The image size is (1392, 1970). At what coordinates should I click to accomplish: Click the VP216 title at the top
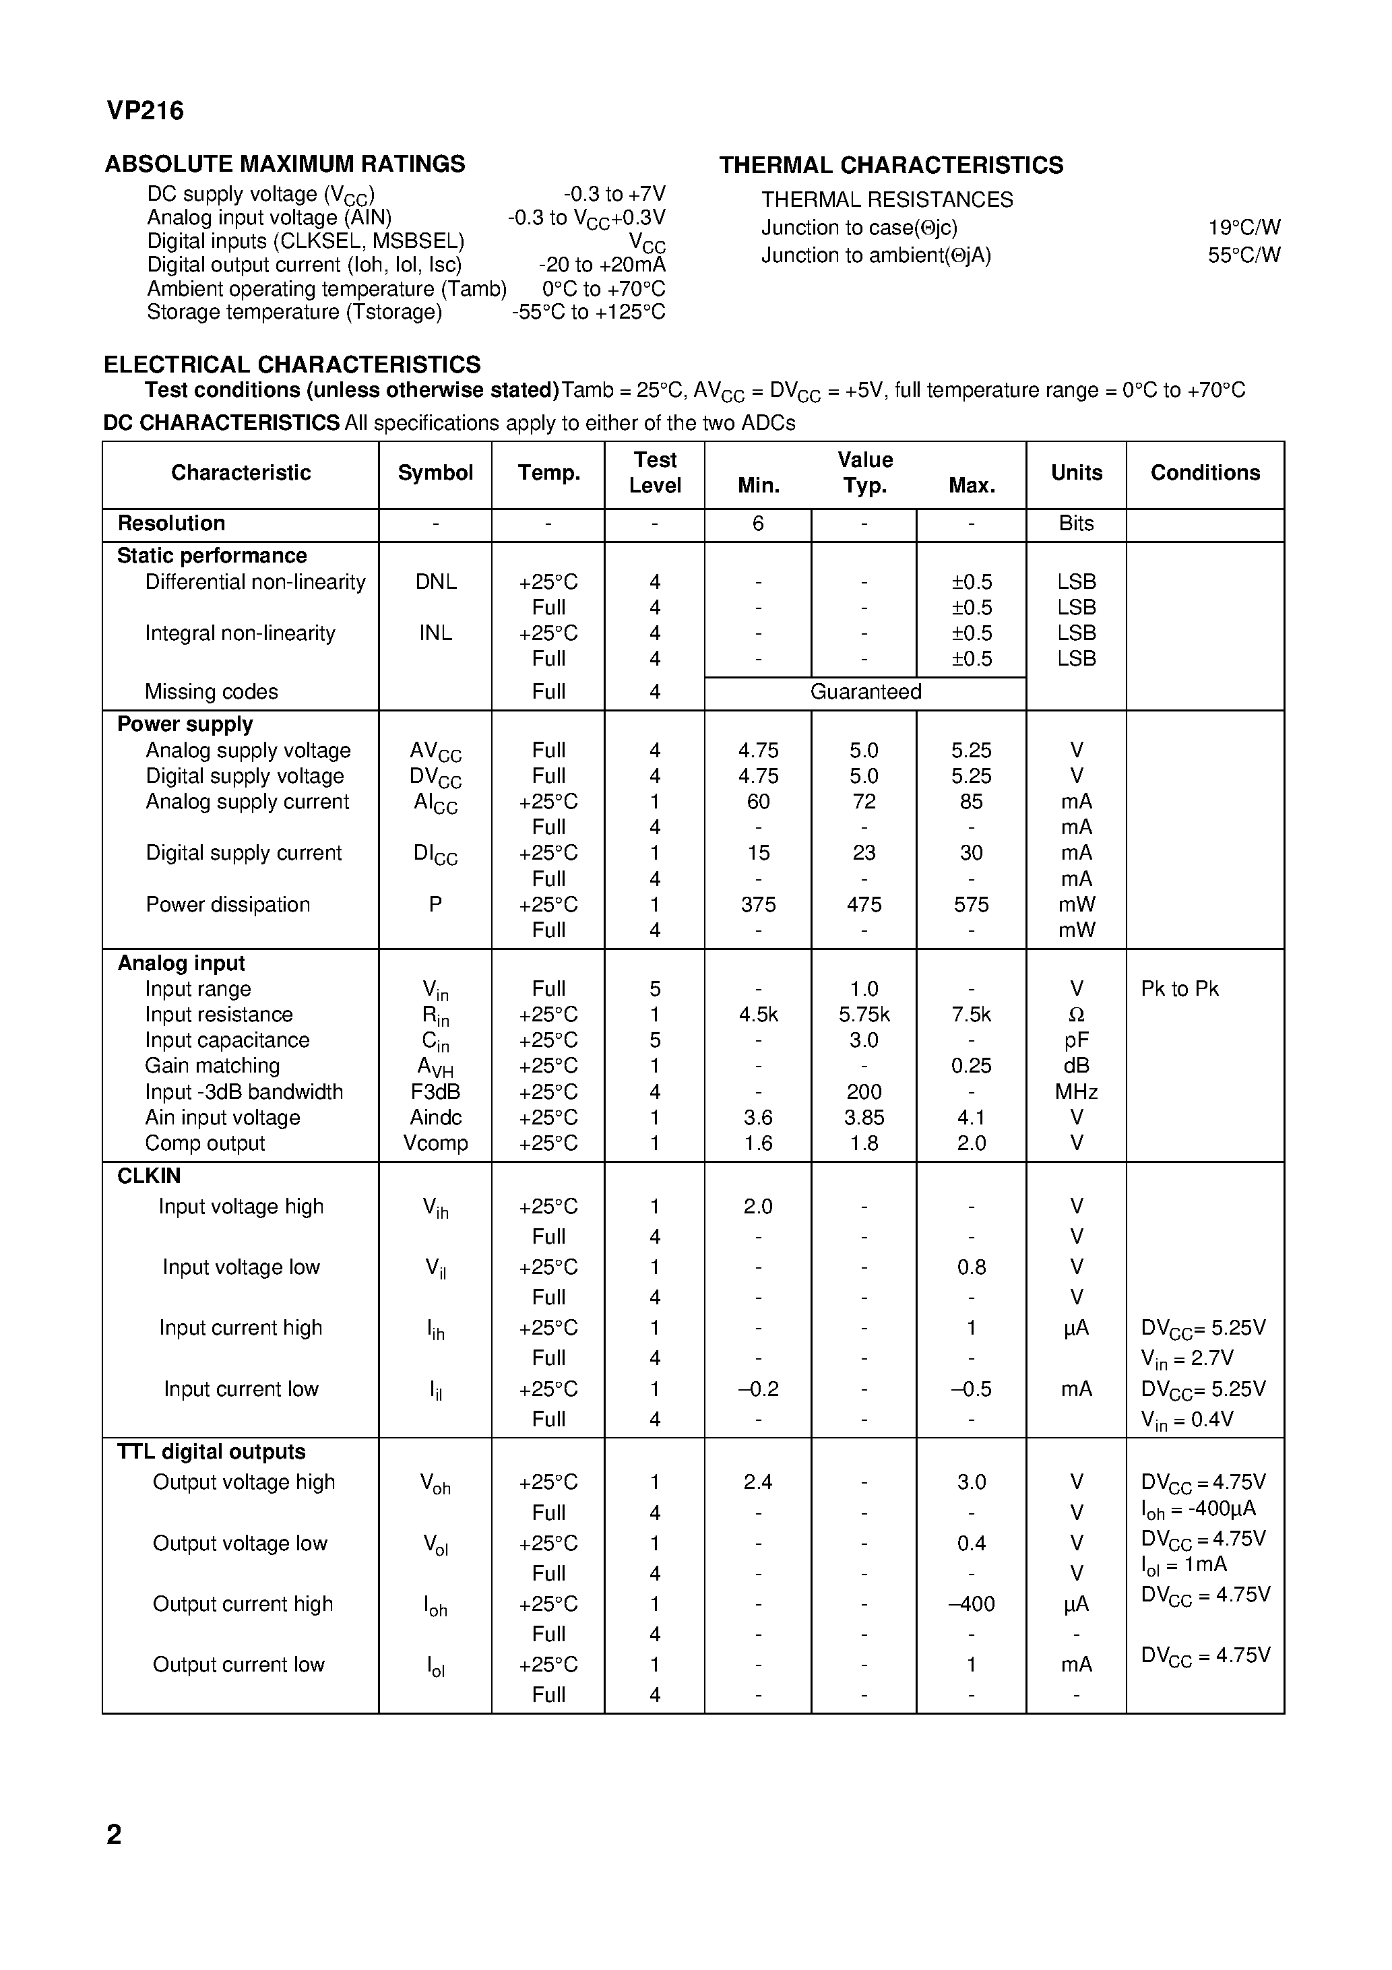145,110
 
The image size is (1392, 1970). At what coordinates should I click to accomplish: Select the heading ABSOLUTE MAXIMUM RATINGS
285,164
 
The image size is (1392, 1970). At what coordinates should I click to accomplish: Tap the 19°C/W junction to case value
1244,227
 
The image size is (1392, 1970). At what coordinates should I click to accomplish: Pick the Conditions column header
1205,473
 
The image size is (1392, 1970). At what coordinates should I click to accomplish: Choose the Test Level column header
655,473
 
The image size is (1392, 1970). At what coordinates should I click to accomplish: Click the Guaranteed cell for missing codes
865,691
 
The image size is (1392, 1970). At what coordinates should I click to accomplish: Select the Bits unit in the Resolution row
1076,523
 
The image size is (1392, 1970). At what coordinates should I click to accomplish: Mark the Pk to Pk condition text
1179,988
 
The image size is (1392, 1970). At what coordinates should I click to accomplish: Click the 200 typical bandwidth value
864,1091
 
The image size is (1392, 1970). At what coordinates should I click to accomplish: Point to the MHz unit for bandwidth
1076,1091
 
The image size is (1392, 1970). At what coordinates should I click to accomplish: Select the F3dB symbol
435,1091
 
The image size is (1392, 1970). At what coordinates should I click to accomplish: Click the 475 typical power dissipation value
864,904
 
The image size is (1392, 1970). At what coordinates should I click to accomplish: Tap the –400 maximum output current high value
971,1603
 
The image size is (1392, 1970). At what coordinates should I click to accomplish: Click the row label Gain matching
212,1066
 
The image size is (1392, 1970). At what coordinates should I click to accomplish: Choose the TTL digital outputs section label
211,1452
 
